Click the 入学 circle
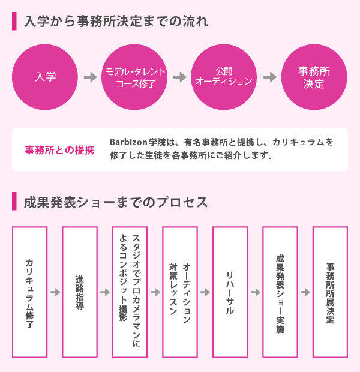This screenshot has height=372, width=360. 45,77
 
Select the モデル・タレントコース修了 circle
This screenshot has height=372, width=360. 134,77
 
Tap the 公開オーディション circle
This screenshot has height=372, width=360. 224,77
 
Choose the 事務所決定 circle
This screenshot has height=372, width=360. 314,77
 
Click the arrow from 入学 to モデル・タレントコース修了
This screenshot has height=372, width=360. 91,77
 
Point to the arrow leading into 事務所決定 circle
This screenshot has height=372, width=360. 270,77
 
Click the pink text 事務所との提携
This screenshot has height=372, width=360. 59,150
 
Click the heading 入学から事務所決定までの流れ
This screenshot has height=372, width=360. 116,22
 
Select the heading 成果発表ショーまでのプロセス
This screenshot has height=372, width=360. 116,202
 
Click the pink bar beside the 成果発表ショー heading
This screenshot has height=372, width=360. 14,201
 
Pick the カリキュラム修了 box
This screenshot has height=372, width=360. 29,292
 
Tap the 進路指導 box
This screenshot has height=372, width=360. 80,292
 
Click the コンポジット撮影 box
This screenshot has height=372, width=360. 130,292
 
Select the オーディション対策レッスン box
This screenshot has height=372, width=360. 180,292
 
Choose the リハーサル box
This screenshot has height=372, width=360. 230,292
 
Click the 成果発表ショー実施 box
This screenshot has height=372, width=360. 280,292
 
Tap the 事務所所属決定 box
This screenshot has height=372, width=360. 330,292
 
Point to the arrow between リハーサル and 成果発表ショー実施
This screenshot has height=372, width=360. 256,292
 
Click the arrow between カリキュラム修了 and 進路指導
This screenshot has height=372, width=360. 55,292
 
